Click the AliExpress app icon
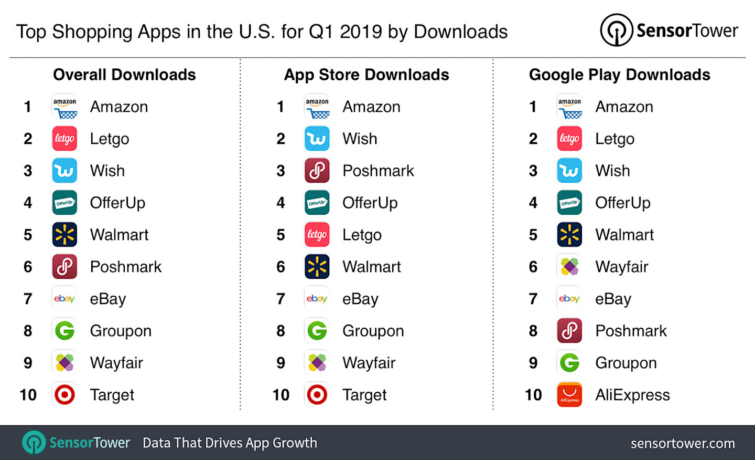coord(569,395)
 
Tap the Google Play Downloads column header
coord(619,75)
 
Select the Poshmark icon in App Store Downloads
coord(317,171)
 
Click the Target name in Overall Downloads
coord(112,395)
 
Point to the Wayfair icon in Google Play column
coord(569,267)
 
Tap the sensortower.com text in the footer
coord(682,443)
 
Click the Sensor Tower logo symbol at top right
coord(616,30)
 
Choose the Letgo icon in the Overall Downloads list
coord(64,139)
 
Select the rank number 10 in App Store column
coord(281,395)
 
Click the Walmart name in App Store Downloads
coord(371,267)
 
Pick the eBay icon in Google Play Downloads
coord(569,299)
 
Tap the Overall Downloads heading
coord(124,75)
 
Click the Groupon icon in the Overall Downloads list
coord(64,331)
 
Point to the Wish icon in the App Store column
coord(317,139)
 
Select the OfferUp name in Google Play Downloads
coord(622,203)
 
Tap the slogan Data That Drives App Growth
coord(230,443)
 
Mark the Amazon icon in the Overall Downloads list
coord(64,107)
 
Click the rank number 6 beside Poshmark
coord(28,267)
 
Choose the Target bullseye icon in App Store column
coord(317,395)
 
